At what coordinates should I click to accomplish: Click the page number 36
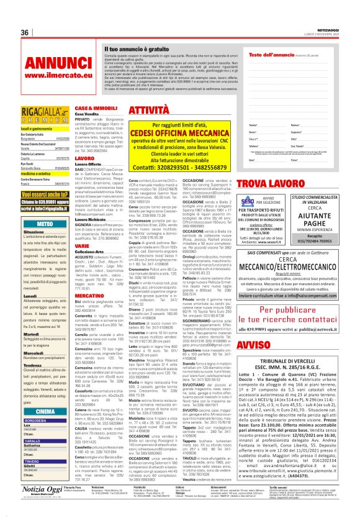[26, 32]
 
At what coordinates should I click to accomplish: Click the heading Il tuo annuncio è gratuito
[135, 48]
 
